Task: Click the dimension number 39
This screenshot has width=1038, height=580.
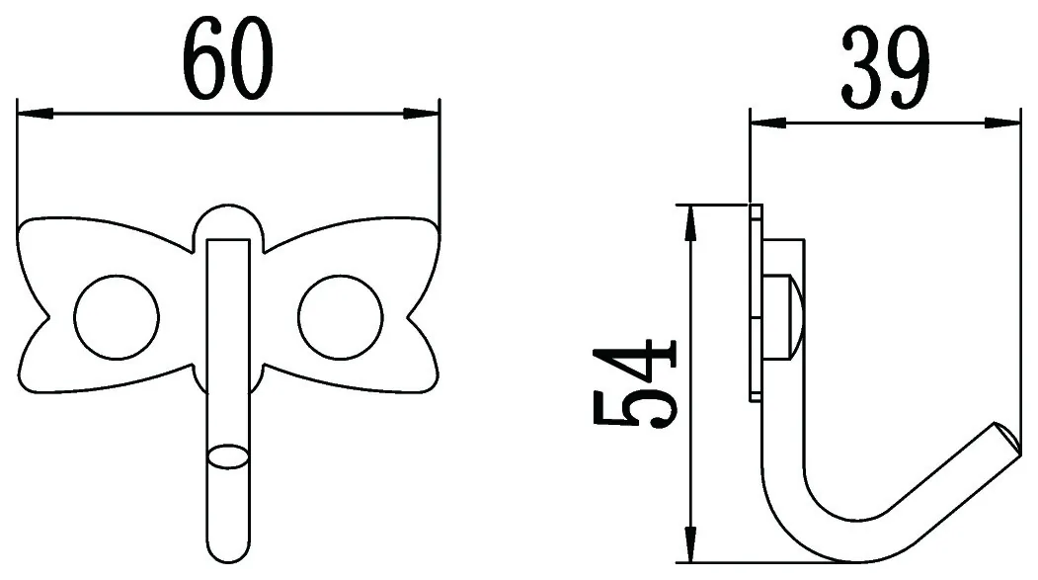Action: (x=886, y=68)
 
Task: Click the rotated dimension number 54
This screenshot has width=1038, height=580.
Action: (x=634, y=384)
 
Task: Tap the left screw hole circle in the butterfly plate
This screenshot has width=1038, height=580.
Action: (x=117, y=317)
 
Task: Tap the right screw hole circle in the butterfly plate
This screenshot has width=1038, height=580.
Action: (x=341, y=317)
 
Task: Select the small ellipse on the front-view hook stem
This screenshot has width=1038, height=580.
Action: (x=228, y=457)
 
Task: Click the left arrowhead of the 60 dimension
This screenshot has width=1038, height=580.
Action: (x=36, y=114)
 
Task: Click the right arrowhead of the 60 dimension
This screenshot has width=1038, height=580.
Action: (x=421, y=114)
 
